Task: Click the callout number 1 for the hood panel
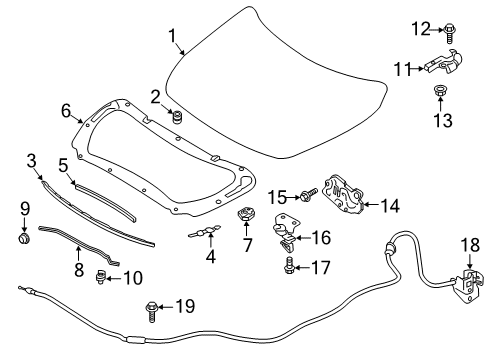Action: click(x=173, y=39)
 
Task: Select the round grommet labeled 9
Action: click(x=23, y=239)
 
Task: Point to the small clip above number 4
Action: click(x=206, y=232)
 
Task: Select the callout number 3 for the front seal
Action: click(x=32, y=160)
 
